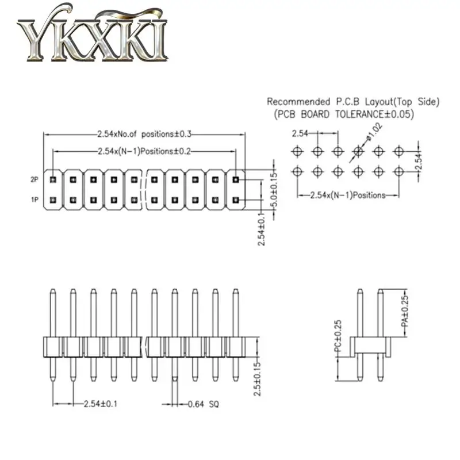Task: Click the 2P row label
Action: coord(35,179)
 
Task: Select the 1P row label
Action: coord(35,200)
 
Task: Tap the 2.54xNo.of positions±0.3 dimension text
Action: coord(144,134)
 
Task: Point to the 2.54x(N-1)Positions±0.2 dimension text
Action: coord(144,151)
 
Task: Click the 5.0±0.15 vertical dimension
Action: coord(274,190)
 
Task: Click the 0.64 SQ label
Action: coord(204,404)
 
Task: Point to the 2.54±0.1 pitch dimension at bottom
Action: coord(100,404)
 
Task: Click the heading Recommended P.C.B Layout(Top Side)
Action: coord(353,102)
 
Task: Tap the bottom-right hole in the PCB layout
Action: coord(398,170)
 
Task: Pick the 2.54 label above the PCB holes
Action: coord(301,134)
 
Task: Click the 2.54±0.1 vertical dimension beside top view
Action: coord(262,229)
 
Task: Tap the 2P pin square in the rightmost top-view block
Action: coord(235,179)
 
